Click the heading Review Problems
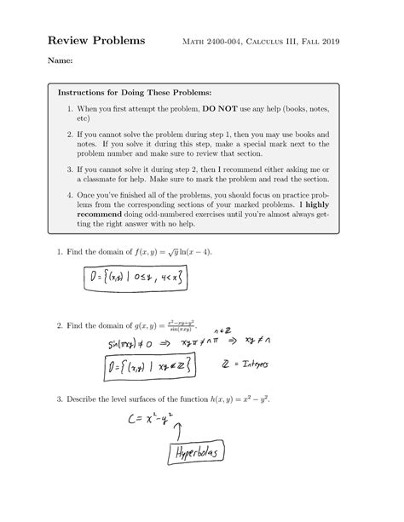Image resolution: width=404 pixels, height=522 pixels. click(x=95, y=41)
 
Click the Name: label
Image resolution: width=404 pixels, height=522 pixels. click(x=61, y=61)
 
